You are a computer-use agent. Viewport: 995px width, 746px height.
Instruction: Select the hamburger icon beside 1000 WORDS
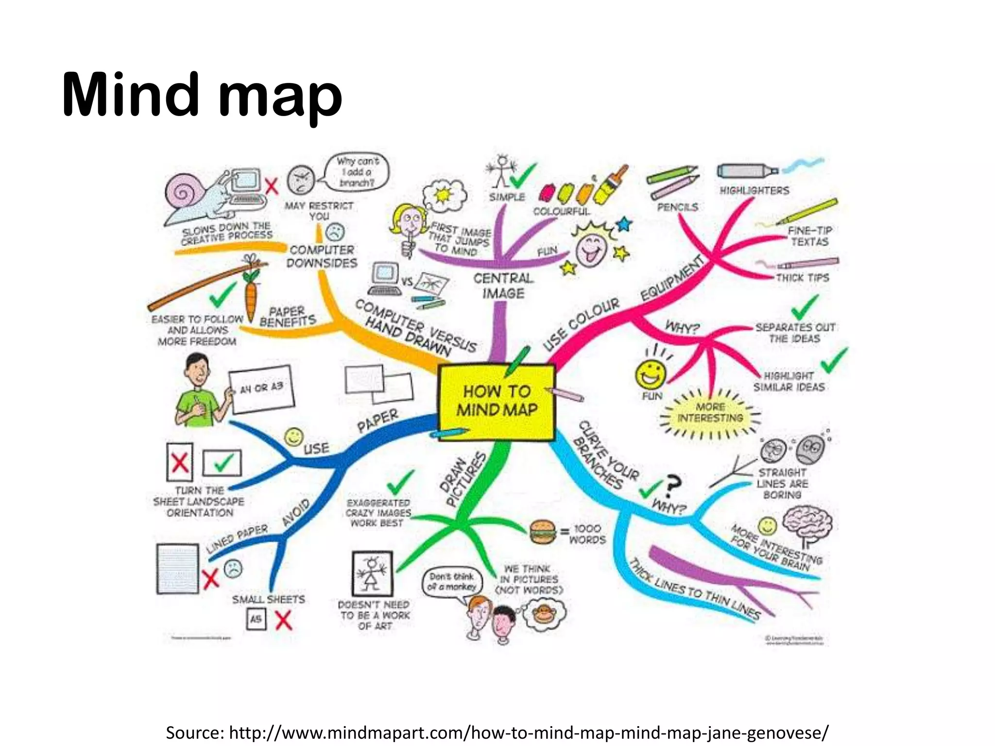[x=542, y=532]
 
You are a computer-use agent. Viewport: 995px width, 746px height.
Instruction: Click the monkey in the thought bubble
[x=543, y=613]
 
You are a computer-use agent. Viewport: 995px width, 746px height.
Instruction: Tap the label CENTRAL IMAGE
[x=503, y=286]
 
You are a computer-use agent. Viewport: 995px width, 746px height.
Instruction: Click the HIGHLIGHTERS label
[x=754, y=190]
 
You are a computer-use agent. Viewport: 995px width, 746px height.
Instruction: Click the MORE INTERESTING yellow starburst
[x=710, y=413]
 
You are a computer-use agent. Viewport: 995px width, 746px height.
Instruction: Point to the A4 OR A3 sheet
[x=261, y=388]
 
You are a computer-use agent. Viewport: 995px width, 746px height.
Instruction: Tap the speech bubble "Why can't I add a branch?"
[x=357, y=172]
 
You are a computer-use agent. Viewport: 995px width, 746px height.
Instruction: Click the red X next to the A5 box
[x=283, y=620]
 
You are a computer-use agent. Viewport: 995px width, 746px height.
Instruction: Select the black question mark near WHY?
[x=673, y=486]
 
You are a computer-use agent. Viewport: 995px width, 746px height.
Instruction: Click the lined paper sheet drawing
[x=177, y=569]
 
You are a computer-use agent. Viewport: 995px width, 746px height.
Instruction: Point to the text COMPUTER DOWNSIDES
[x=322, y=256]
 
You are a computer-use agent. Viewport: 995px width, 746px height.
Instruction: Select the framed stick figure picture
[x=372, y=573]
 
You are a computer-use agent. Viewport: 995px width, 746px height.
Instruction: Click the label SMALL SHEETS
[x=268, y=599]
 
